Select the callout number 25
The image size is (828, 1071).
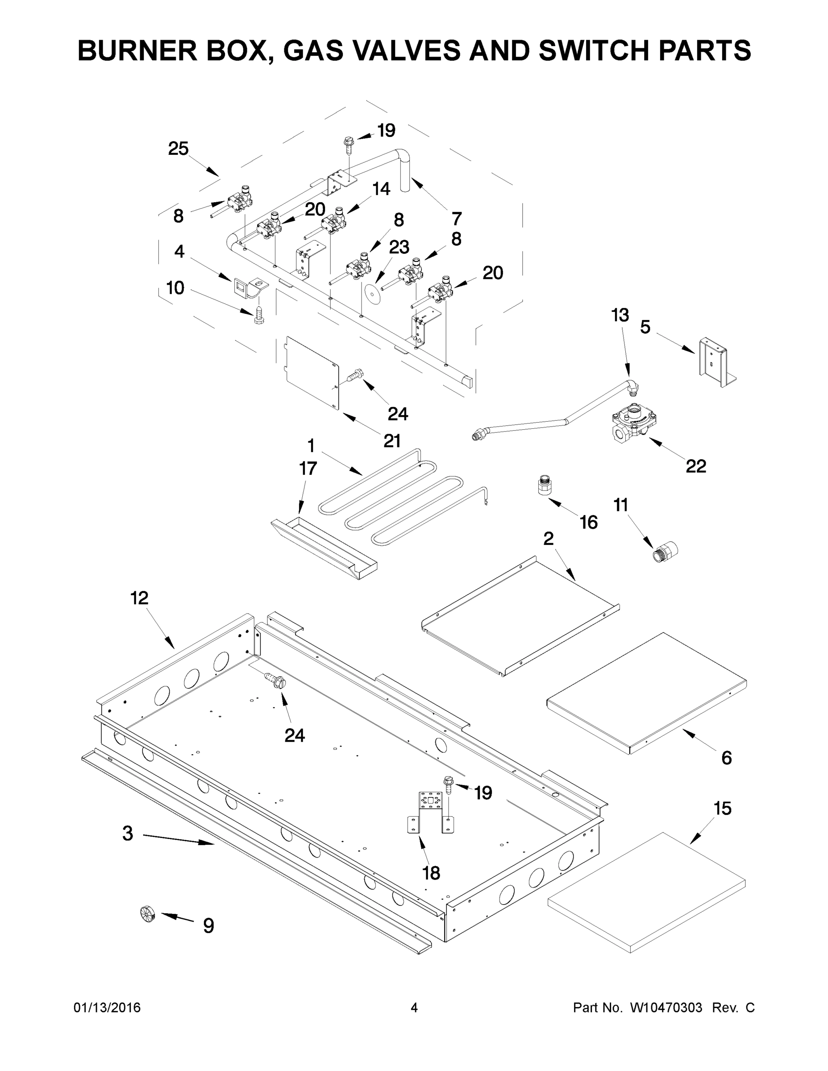178,149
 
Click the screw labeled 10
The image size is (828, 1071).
258,314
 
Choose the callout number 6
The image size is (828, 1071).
727,758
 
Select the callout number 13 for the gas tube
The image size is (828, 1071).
620,315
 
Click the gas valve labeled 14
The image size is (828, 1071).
333,221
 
